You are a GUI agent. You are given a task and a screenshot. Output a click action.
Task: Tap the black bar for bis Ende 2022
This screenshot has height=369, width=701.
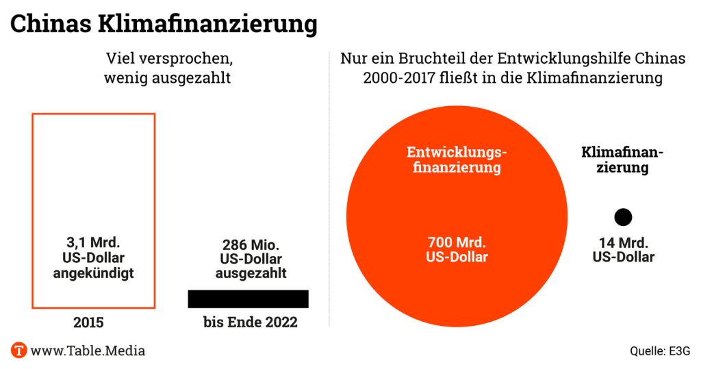(x=248, y=298)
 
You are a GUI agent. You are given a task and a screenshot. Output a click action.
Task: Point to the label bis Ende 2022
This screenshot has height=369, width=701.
(x=251, y=322)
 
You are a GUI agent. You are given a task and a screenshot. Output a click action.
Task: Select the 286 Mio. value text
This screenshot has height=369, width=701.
(x=251, y=244)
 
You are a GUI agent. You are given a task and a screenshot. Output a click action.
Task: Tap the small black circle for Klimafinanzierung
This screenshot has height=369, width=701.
(x=623, y=217)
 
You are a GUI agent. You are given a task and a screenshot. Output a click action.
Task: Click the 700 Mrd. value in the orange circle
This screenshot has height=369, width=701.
(x=457, y=242)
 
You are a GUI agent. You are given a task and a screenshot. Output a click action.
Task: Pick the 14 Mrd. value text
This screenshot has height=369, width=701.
(x=623, y=242)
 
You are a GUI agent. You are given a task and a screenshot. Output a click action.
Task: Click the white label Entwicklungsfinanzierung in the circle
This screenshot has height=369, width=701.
(x=457, y=159)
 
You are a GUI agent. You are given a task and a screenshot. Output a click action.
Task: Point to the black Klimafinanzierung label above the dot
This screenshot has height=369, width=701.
(x=622, y=160)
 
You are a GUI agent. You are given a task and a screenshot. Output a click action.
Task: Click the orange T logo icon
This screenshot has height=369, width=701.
(x=18, y=351)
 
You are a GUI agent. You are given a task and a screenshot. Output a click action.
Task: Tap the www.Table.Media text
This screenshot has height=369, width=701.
(x=88, y=351)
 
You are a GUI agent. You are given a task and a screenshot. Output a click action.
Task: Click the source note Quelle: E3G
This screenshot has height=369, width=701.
(x=660, y=352)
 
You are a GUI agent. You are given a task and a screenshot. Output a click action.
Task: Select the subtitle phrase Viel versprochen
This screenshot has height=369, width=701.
(x=167, y=59)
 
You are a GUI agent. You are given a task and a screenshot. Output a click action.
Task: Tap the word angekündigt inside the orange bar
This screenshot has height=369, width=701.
(x=94, y=272)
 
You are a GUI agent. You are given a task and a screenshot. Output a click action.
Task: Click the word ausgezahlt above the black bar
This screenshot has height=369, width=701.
(x=251, y=272)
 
